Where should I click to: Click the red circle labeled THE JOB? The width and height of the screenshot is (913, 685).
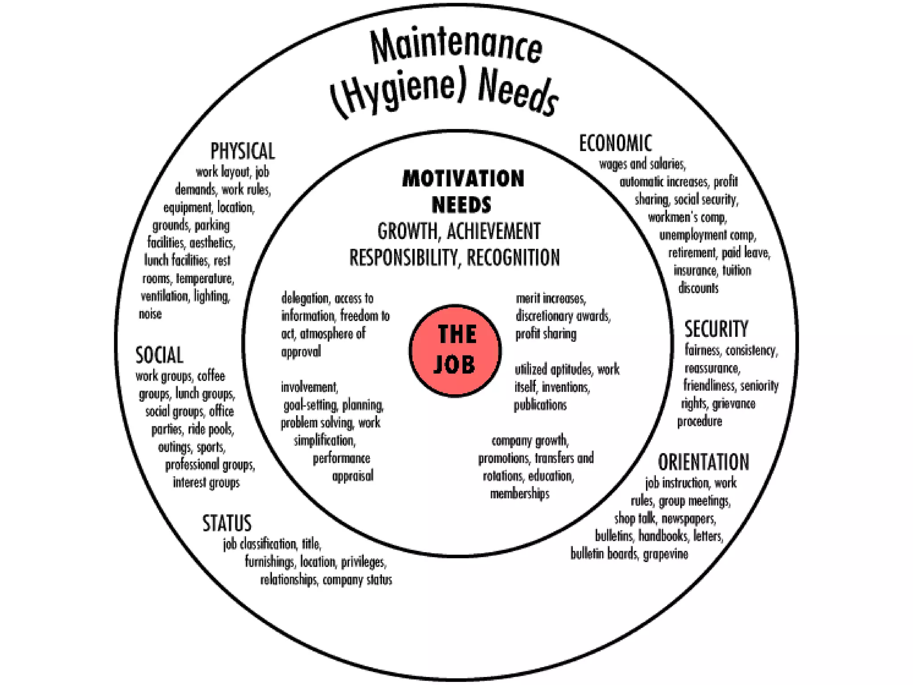455,351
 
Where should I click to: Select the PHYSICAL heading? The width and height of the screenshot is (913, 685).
243,151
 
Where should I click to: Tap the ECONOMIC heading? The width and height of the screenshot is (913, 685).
615,143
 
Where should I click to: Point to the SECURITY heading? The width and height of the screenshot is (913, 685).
716,329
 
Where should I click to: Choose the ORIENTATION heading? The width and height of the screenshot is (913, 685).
703,462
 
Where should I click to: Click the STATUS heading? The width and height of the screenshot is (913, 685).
227,523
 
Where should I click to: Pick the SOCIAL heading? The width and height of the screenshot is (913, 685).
159,355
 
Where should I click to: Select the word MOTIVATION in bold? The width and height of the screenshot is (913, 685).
463,178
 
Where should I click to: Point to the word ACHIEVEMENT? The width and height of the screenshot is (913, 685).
493,231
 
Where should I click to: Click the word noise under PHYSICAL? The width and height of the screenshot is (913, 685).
150,314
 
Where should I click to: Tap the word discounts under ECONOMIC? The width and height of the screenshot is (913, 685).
698,288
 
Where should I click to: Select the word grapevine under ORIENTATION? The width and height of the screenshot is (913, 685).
665,554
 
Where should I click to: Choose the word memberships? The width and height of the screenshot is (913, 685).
519,494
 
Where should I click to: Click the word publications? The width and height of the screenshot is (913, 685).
540,405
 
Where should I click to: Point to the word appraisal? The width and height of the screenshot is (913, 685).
353,476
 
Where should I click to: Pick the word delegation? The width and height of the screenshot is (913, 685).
305,298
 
